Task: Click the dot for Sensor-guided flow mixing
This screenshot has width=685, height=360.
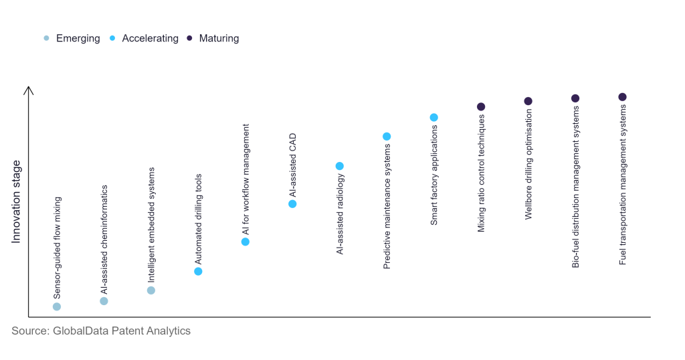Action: [57, 306]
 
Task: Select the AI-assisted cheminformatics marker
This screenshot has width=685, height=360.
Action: [104, 301]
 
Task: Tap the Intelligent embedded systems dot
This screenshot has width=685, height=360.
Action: [151, 290]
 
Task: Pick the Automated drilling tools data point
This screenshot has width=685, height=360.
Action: [198, 271]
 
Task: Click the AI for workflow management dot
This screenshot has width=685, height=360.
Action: [246, 242]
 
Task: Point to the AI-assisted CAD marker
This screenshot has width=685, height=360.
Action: [292, 203]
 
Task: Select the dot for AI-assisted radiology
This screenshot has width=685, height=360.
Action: [339, 166]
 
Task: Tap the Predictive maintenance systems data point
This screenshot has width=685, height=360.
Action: [387, 137]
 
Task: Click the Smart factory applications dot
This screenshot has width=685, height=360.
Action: [433, 117]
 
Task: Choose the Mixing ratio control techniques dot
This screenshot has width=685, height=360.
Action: [481, 106]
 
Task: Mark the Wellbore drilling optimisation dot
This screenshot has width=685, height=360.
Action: [528, 101]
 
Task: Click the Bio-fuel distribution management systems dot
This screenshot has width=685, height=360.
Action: [575, 98]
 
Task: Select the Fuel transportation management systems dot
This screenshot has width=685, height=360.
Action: [622, 97]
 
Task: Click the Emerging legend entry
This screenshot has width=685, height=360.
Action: [72, 38]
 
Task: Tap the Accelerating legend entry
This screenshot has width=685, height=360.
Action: [144, 38]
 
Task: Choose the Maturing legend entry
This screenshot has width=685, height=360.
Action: [213, 38]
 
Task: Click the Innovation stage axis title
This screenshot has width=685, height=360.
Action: [17, 201]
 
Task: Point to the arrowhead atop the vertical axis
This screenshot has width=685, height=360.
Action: [28, 89]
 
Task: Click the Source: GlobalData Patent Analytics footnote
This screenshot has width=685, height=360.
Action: [101, 331]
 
